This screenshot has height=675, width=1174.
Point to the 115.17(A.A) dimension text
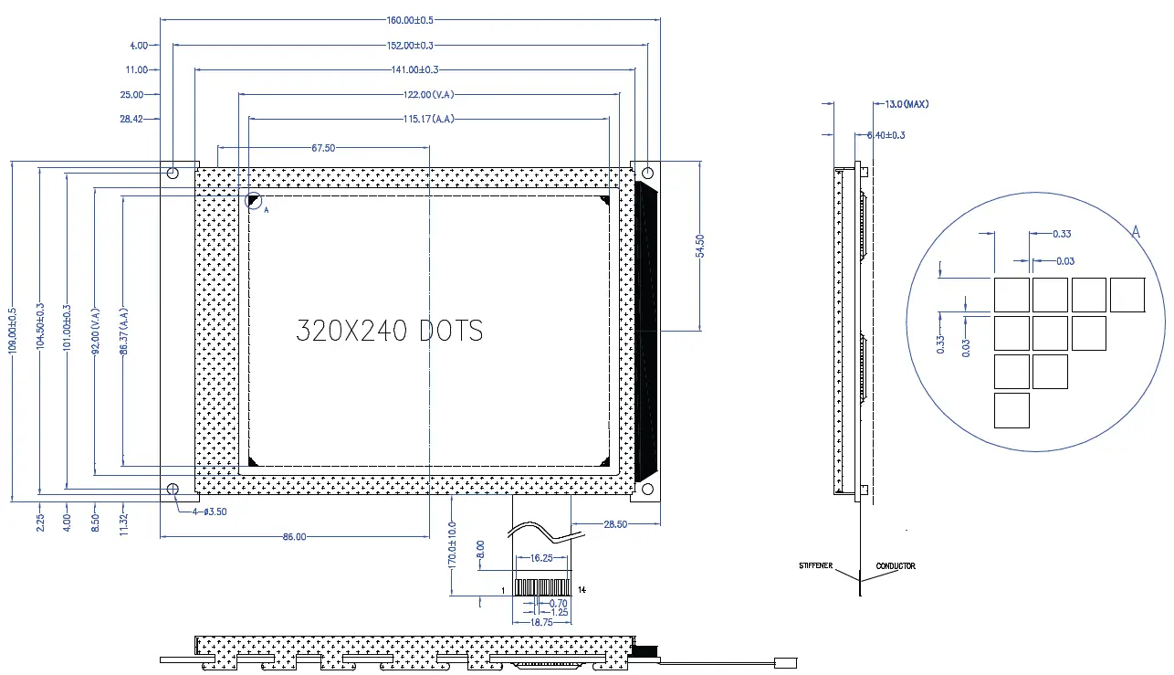[429, 119]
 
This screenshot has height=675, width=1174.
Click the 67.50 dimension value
[323, 148]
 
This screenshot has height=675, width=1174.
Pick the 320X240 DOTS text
[390, 331]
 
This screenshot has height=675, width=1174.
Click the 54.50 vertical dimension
[700, 248]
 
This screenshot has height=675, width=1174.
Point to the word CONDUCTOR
[896, 566]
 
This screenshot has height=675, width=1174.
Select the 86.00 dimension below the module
[294, 537]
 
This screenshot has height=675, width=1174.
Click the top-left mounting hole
[173, 172]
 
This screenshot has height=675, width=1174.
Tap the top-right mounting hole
[647, 172]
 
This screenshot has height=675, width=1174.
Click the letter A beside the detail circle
[1136, 233]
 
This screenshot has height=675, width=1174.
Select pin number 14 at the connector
[582, 590]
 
